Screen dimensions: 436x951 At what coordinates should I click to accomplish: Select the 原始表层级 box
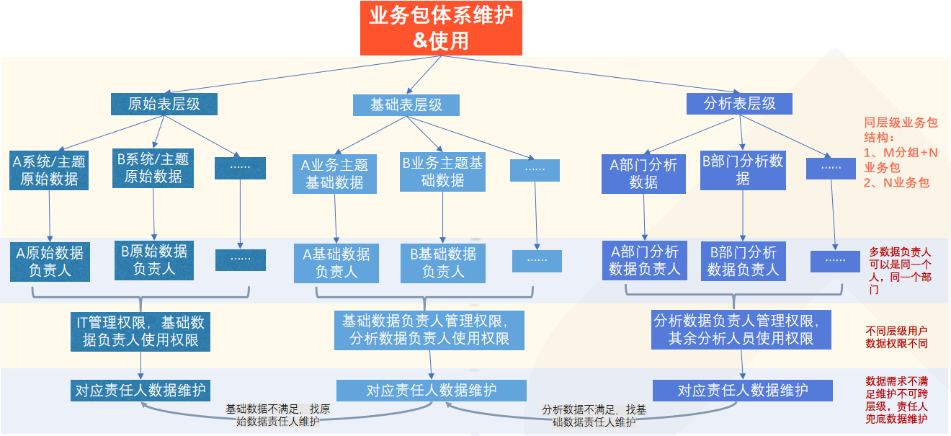(x=164, y=104)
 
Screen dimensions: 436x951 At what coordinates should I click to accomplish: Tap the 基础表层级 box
(x=406, y=104)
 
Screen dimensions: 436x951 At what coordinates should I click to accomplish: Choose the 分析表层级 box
(x=739, y=103)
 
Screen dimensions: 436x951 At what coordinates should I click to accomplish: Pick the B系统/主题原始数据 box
(x=153, y=167)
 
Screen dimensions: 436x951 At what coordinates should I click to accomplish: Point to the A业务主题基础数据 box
(x=334, y=174)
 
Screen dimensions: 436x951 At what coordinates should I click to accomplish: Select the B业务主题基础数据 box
(x=442, y=172)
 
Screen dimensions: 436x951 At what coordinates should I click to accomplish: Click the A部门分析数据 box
(x=643, y=173)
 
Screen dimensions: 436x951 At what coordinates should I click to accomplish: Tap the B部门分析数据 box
(x=743, y=170)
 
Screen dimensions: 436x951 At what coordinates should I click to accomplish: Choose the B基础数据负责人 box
(x=443, y=262)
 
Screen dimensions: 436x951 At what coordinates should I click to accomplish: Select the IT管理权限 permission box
(x=140, y=331)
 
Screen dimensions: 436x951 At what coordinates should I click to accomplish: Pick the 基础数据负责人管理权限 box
(x=429, y=329)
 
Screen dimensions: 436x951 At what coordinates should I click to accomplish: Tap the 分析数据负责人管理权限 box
(x=741, y=329)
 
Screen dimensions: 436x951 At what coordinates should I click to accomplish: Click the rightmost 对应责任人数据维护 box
(x=743, y=391)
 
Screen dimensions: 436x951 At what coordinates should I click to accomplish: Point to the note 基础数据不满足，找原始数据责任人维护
(x=277, y=415)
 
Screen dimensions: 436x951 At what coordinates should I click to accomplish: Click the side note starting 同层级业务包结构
(x=901, y=153)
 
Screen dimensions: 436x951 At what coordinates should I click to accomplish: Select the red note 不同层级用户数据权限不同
(x=897, y=337)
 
